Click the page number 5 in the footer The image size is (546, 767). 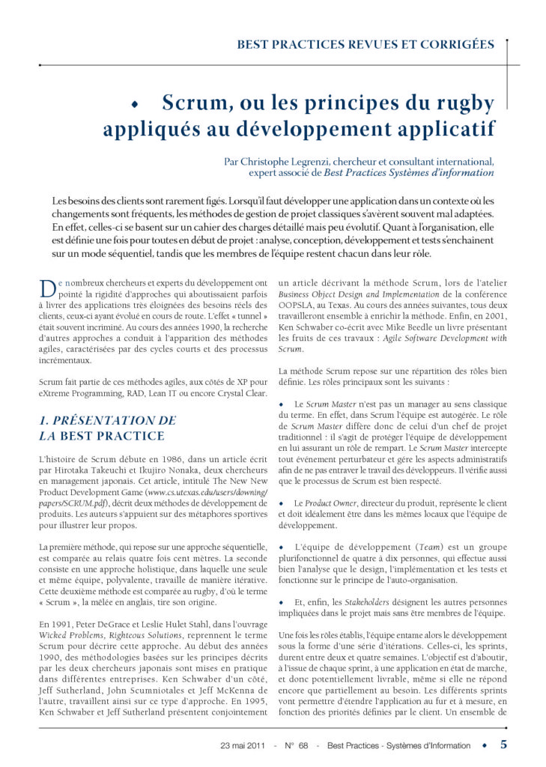pos(503,745)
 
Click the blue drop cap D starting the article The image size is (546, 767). pos(43,285)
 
